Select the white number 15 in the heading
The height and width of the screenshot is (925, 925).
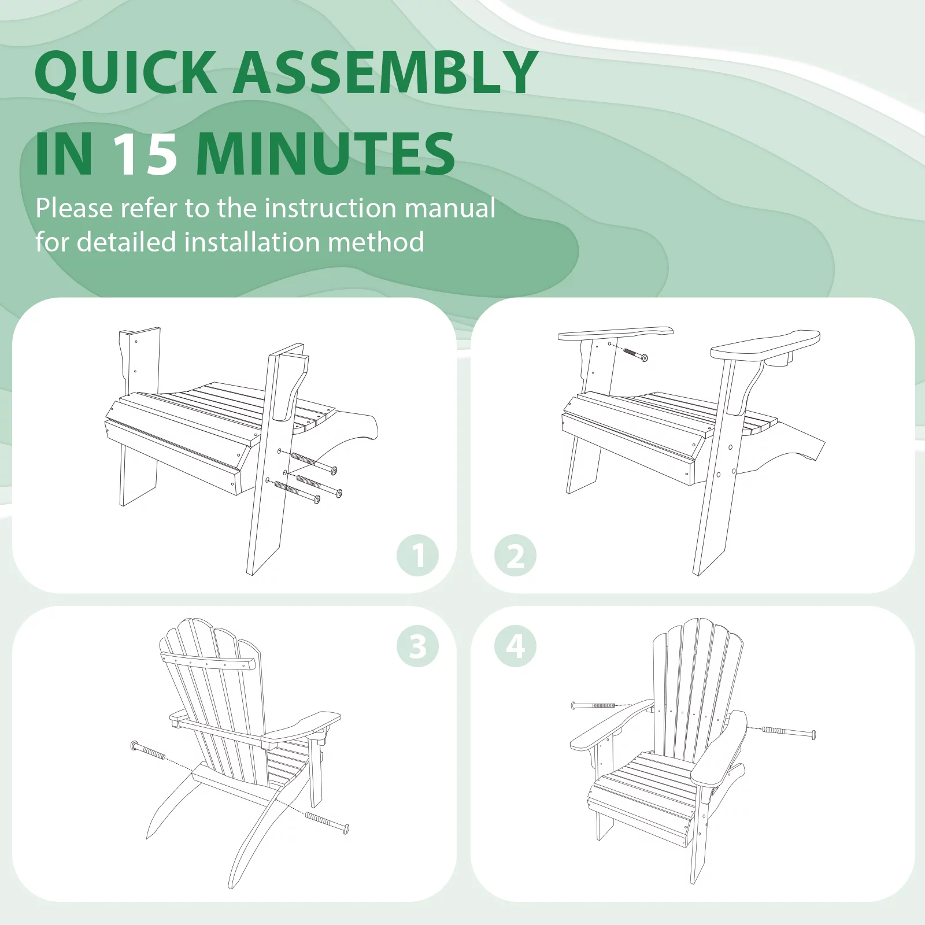[145, 154]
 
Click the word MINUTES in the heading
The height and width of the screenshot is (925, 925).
[326, 154]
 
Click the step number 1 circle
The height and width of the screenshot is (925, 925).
[417, 556]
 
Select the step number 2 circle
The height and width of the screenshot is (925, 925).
[515, 556]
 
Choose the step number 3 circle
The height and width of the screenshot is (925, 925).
[417, 646]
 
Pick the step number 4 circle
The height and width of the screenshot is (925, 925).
[515, 646]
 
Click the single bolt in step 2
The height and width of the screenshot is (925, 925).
[635, 353]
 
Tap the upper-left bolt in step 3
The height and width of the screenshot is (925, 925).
[148, 750]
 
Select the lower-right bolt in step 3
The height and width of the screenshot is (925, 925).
[327, 823]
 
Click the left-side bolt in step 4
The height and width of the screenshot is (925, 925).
[593, 705]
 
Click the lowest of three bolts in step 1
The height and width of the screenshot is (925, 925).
[297, 491]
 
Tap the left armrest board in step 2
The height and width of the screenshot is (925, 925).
[615, 334]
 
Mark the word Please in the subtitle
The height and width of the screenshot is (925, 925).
[74, 208]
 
